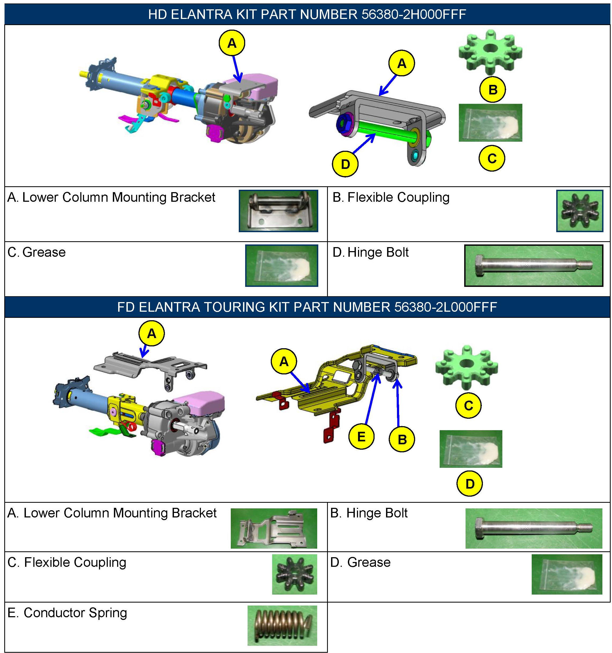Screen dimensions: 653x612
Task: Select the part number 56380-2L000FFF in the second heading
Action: (x=445, y=307)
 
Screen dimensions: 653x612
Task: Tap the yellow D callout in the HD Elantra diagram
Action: (x=345, y=164)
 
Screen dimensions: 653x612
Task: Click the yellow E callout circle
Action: (x=361, y=437)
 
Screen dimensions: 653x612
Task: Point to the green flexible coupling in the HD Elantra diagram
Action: (x=490, y=51)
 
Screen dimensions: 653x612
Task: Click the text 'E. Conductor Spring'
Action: (x=67, y=613)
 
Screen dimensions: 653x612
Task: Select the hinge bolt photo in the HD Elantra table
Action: (x=534, y=266)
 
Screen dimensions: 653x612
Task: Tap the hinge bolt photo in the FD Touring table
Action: (x=534, y=528)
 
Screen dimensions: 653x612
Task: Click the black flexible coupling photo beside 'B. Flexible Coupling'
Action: (x=579, y=211)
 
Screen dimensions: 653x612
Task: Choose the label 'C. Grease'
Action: (x=37, y=252)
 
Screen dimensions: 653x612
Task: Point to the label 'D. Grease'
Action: (x=360, y=562)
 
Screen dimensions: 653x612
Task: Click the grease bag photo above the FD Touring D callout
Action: (x=471, y=449)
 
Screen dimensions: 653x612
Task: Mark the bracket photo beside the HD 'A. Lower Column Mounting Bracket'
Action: (x=279, y=211)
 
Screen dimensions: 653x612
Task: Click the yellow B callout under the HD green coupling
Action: (x=492, y=90)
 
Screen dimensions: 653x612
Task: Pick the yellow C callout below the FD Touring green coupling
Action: (x=468, y=406)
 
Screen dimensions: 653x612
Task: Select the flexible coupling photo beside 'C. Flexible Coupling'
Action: (x=295, y=575)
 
